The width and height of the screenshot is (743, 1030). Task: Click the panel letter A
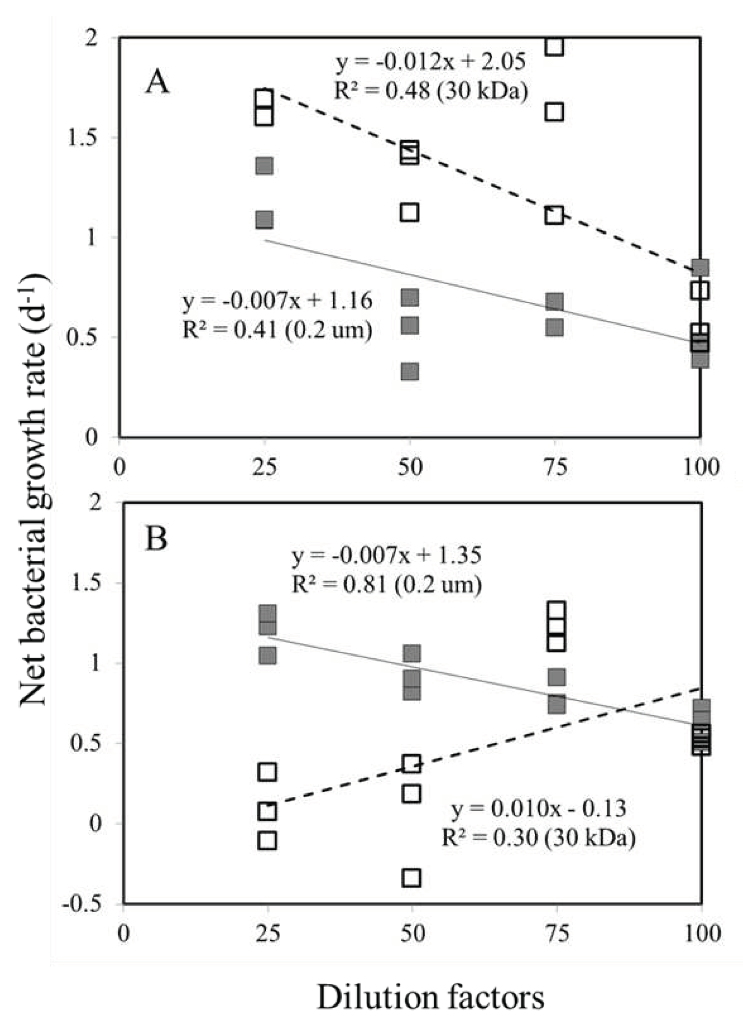(x=157, y=83)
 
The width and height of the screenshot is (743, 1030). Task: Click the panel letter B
(x=156, y=539)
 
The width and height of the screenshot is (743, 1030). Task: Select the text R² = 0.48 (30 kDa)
(x=431, y=91)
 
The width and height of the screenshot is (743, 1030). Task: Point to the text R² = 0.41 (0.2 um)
(x=277, y=330)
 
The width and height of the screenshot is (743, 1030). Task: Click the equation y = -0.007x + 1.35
(x=386, y=555)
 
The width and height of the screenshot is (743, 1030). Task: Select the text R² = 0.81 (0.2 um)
(x=386, y=584)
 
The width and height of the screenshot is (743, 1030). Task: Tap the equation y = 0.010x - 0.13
(x=538, y=809)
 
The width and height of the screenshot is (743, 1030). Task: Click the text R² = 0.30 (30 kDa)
(x=538, y=838)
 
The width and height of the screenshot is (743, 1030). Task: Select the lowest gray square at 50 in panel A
(x=409, y=371)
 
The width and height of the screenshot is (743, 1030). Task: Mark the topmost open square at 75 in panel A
(x=554, y=46)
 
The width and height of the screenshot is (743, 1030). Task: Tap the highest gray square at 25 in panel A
(x=265, y=166)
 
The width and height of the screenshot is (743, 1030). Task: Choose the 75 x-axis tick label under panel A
(x=554, y=467)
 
